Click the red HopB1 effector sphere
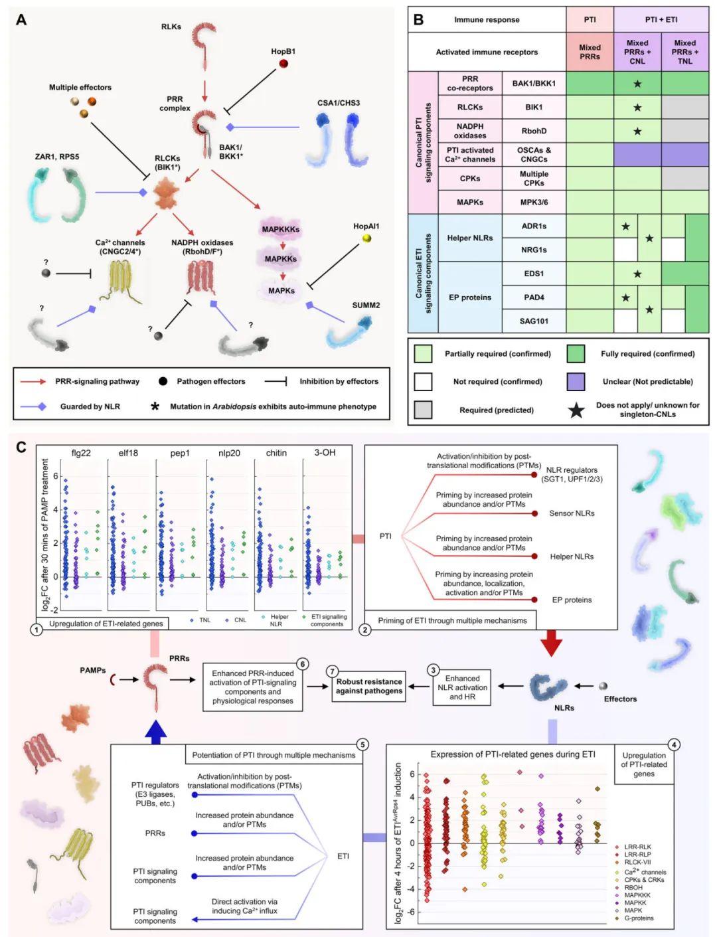(x=283, y=64)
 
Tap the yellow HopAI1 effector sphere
(x=366, y=238)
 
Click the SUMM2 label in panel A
(x=366, y=305)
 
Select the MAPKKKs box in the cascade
(x=281, y=230)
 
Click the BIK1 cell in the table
(x=534, y=107)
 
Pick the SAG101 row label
(x=534, y=321)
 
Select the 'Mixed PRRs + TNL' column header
(x=684, y=52)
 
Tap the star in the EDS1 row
(x=637, y=274)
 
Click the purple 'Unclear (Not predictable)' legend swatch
(x=576, y=381)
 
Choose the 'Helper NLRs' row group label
(x=470, y=238)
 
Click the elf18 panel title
(x=128, y=453)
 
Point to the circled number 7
(x=333, y=671)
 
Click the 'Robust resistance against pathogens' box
(x=369, y=686)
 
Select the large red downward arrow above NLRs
(x=551, y=643)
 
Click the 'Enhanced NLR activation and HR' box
(x=462, y=687)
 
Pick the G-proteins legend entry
(x=638, y=918)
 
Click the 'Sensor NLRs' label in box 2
(x=572, y=513)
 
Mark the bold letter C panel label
(x=21, y=447)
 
